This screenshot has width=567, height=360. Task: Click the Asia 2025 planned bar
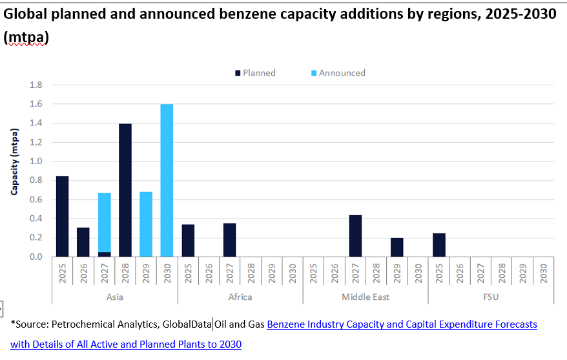(x=62, y=216)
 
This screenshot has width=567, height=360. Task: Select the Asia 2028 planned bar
(x=125, y=190)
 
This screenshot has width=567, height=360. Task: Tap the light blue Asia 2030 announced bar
(x=167, y=180)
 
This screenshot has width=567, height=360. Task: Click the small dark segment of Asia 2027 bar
(x=104, y=255)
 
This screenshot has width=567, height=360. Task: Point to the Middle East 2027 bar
(x=355, y=236)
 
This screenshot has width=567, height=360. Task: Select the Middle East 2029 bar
(x=397, y=247)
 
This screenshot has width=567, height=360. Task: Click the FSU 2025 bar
(x=438, y=245)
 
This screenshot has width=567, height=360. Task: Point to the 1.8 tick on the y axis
(x=36, y=85)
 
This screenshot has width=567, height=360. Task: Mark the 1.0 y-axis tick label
(x=36, y=162)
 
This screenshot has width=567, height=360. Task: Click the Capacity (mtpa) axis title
(x=14, y=162)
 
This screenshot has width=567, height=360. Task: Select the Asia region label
(x=114, y=297)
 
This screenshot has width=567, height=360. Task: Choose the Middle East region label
(x=366, y=297)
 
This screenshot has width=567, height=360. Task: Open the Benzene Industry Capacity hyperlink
(x=402, y=324)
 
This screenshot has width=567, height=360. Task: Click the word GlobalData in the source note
(x=187, y=324)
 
